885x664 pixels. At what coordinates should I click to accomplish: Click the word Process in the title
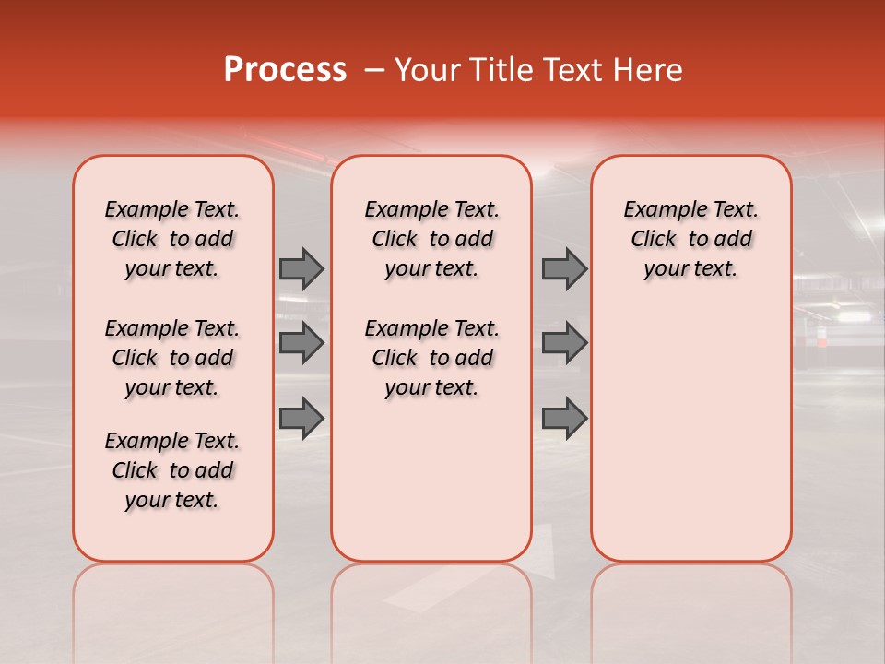tap(285, 70)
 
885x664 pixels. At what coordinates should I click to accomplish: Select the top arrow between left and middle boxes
tap(301, 268)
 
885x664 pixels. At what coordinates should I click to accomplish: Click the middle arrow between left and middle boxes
tap(301, 344)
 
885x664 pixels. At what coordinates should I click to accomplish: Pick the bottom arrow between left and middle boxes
tap(301, 419)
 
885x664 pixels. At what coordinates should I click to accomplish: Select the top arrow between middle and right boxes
tap(564, 268)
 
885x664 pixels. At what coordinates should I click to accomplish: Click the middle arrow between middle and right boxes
tap(564, 344)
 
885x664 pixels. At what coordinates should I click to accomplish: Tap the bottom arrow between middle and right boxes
tap(564, 419)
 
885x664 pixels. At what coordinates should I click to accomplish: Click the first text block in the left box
tap(172, 239)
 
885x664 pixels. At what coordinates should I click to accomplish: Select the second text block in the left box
tap(172, 358)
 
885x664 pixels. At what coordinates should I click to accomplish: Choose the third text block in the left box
tap(172, 470)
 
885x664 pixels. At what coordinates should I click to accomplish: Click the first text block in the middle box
tap(431, 239)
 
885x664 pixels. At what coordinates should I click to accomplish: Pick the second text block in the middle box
tap(431, 358)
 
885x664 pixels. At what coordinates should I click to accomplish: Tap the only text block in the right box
tap(690, 239)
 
